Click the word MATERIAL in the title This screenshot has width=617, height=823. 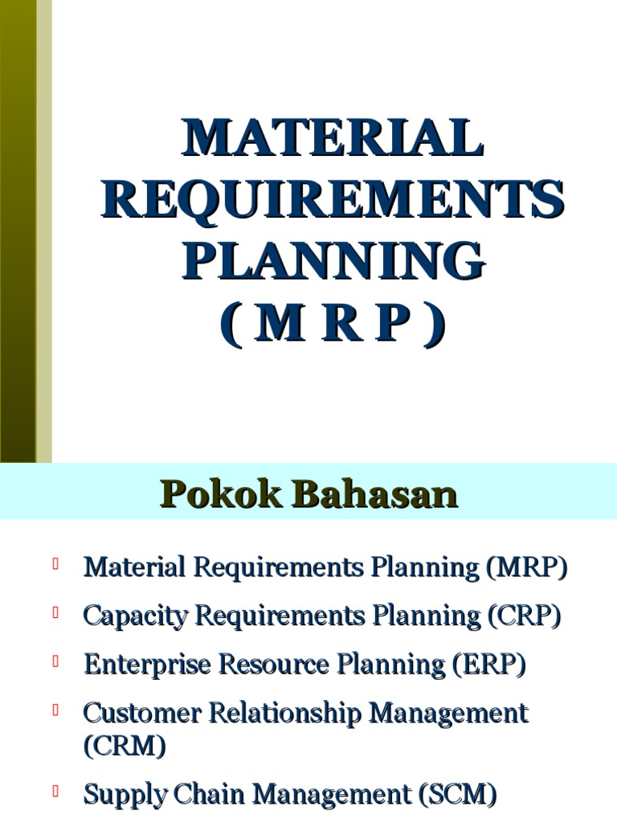point(333,138)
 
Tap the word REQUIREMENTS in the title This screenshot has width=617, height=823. point(333,200)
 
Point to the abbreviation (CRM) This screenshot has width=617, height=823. point(125,747)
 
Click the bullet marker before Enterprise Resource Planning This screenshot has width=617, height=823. point(57,661)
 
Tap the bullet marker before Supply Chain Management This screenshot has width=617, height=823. point(57,792)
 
